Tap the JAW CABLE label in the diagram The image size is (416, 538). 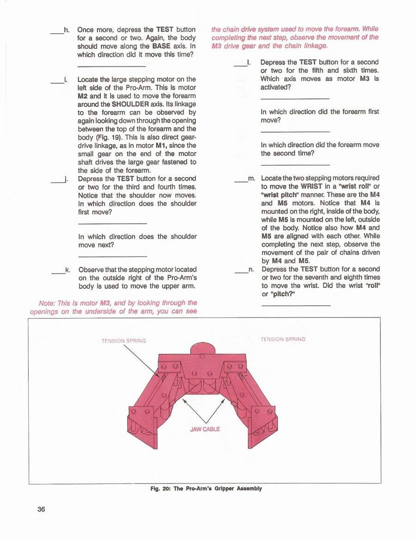point(205,429)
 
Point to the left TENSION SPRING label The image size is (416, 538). point(123,341)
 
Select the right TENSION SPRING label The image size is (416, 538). point(283,339)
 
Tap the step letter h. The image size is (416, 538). point(67,30)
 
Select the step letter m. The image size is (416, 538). point(251,178)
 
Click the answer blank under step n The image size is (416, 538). point(296,306)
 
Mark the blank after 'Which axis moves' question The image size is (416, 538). point(294,98)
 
